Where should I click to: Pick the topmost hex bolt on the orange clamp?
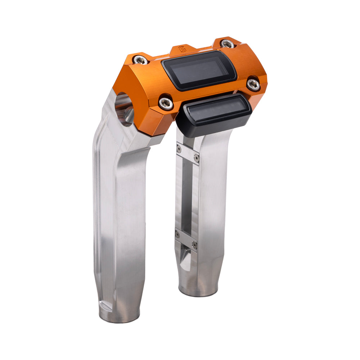[227, 44]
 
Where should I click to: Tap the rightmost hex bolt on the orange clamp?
[253, 84]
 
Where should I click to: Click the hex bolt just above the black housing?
[166, 103]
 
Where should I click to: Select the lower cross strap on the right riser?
[186, 239]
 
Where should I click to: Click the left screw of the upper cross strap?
[179, 149]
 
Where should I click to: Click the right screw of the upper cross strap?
[196, 158]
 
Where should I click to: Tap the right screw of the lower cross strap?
[194, 245]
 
